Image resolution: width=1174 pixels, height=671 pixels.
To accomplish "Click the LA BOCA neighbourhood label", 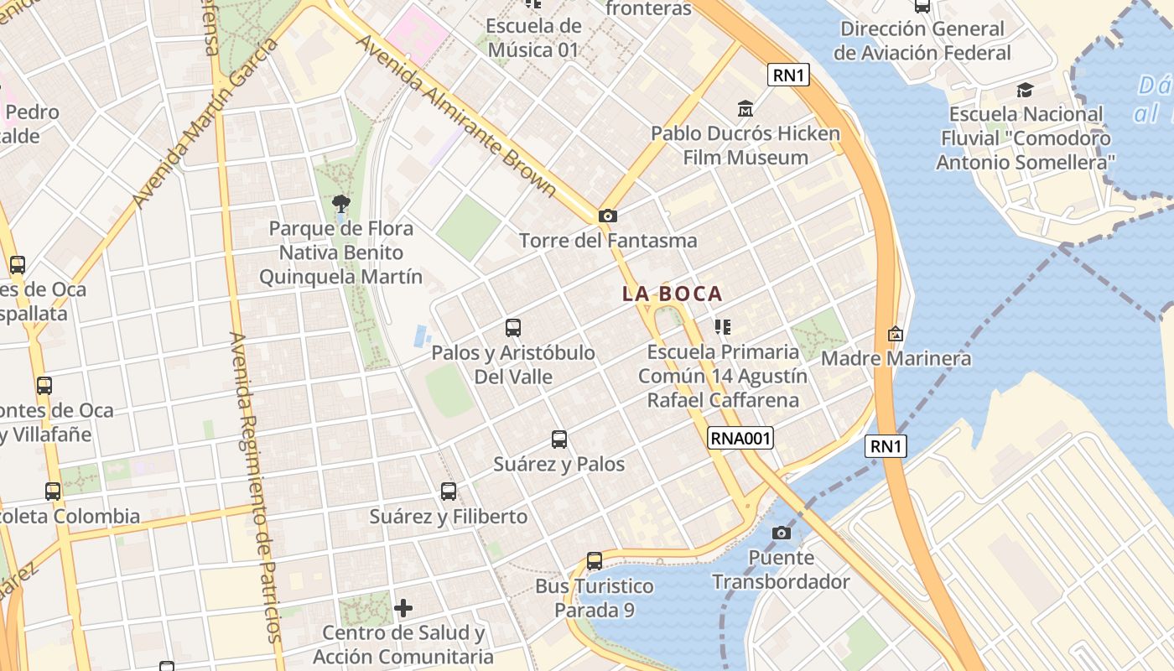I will click(672, 294).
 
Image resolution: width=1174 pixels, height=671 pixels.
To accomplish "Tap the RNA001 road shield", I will click(740, 438).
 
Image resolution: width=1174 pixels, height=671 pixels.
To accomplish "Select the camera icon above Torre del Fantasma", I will click(608, 216).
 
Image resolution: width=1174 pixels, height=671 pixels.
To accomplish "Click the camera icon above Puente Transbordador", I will click(782, 533).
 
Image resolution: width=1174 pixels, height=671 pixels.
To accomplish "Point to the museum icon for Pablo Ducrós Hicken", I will click(745, 109).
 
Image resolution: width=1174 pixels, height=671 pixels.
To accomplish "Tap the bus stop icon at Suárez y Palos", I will click(559, 440).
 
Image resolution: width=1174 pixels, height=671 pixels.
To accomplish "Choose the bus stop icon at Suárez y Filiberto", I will click(449, 492).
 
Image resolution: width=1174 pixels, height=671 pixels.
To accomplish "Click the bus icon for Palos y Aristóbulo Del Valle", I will click(513, 328).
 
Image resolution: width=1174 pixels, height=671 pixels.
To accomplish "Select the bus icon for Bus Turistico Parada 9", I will click(595, 561).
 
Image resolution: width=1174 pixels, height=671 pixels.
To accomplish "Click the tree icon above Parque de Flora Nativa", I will click(340, 203).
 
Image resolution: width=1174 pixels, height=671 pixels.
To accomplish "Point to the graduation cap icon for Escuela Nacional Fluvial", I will click(1025, 90).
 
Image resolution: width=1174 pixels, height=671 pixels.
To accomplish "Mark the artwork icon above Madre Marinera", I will click(896, 335).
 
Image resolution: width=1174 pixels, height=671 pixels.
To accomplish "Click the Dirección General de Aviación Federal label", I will click(922, 40).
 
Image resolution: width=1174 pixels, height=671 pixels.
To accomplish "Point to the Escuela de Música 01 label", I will click(533, 38).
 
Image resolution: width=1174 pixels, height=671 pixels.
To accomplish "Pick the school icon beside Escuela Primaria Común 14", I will click(722, 327).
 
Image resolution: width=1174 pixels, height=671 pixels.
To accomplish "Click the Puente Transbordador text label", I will click(781, 570).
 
